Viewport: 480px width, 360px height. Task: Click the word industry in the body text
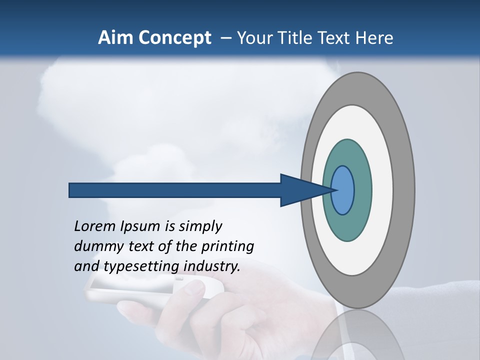(x=211, y=266)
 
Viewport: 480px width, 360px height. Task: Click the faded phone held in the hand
(x=125, y=290)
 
